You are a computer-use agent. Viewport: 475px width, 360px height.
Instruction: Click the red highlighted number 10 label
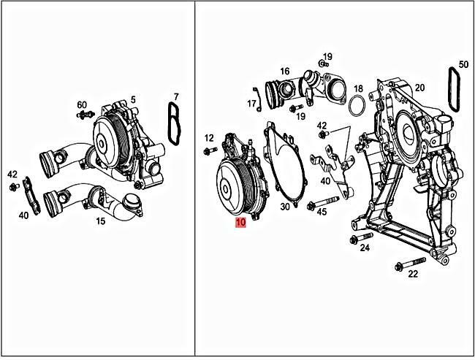241,223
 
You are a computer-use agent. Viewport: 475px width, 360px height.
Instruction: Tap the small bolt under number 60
82,116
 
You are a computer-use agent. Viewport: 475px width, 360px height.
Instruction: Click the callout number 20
419,88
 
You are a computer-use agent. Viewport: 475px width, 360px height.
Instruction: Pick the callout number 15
100,219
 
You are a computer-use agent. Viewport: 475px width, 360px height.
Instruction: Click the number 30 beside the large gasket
285,207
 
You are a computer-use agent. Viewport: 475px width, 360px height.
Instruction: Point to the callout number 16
284,72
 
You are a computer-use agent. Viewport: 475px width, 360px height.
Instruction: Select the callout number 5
133,99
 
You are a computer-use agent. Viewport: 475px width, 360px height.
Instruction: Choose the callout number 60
82,105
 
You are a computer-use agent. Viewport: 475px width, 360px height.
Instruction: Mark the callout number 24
365,248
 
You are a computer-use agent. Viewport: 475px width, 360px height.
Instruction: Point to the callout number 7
175,96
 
